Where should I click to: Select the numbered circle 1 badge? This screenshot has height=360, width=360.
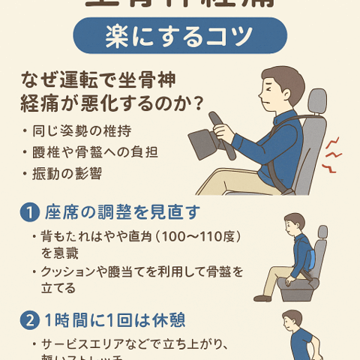(28, 212)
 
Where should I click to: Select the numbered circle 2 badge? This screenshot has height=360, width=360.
(28, 318)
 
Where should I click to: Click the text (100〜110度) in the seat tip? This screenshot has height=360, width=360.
(191, 236)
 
